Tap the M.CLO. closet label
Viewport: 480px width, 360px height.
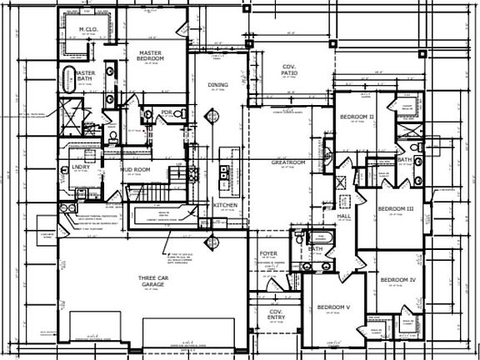[x=88, y=31]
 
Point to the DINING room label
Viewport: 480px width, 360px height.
[x=217, y=85]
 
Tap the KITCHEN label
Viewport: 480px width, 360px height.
[x=224, y=204]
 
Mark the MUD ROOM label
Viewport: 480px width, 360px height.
[x=134, y=170]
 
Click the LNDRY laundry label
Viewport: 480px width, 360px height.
[x=70, y=167]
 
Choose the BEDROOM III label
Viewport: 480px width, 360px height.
[x=396, y=208]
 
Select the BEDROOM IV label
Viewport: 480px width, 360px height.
[x=397, y=280]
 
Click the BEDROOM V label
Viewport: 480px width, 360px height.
[x=333, y=307]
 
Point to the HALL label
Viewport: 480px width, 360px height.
[x=342, y=216]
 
